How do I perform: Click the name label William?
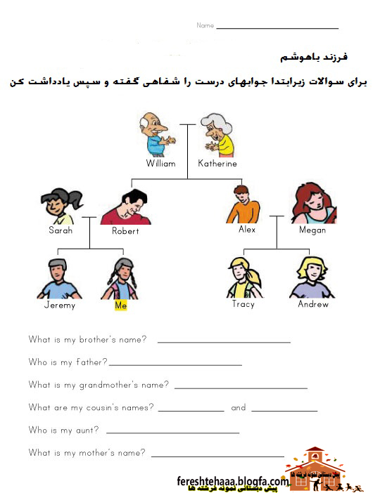160,164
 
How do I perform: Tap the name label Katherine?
217,164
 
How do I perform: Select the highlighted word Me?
122,305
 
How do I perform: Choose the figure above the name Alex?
243,204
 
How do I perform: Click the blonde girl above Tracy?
244,277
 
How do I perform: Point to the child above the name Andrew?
312,277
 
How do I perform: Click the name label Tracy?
244,305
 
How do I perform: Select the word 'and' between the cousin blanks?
239,407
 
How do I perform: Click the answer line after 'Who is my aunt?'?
172,432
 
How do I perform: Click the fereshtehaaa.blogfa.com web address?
232,481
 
